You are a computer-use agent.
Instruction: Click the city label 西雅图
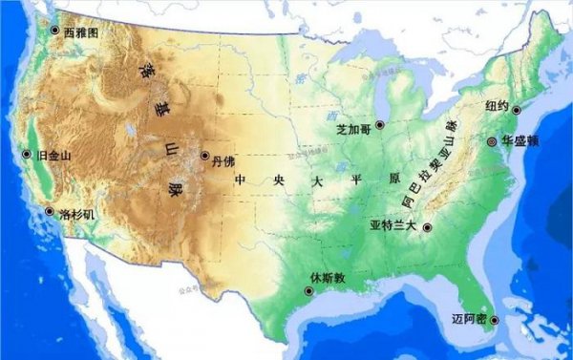[x=81, y=32]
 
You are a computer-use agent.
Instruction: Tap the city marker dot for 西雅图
[x=55, y=31]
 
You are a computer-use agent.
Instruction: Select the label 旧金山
[x=49, y=155]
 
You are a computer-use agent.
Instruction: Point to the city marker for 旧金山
[x=26, y=154]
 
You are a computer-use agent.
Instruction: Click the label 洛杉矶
[x=77, y=214]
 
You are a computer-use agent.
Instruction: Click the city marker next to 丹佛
[x=204, y=156]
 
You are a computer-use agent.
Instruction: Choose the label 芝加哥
[x=354, y=126]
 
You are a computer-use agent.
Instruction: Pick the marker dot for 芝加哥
[x=380, y=125]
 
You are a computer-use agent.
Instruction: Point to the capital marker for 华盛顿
[x=491, y=140]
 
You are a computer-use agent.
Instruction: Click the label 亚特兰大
[x=393, y=226]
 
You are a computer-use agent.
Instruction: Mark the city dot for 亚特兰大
[x=427, y=227]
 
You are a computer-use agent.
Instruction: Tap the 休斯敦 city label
[x=327, y=278]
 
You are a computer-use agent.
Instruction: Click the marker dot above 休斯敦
[x=308, y=290]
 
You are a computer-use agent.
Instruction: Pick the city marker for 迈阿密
[x=493, y=320]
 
